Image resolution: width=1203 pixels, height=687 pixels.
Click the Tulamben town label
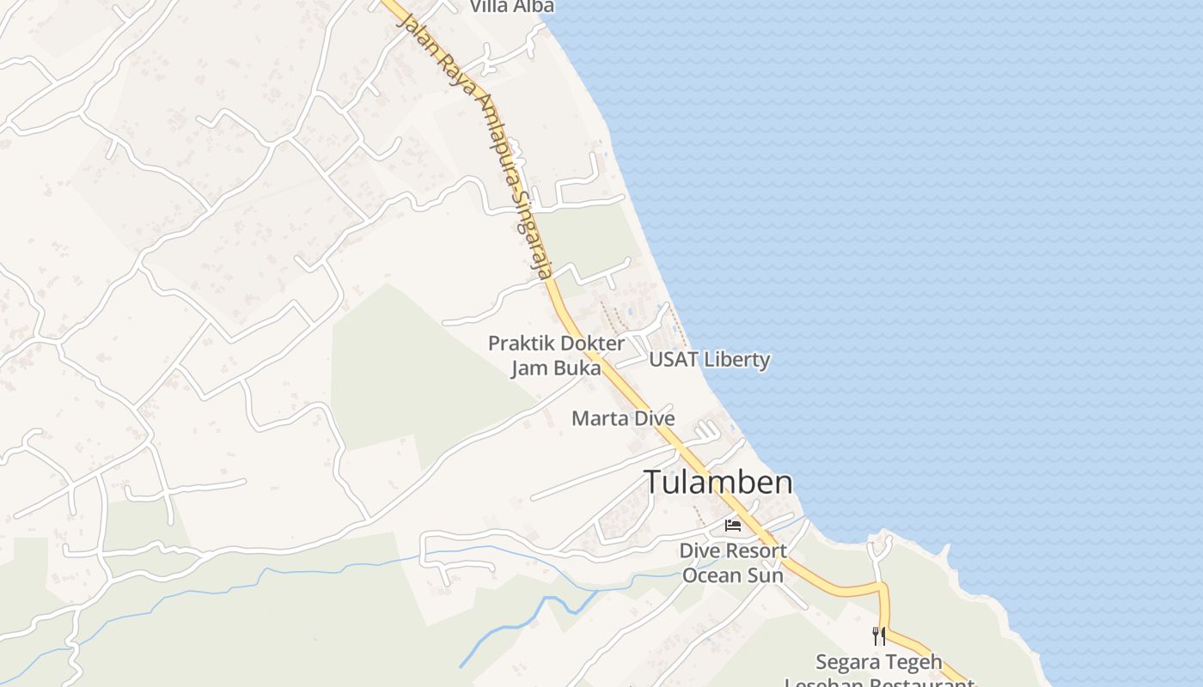click(x=718, y=482)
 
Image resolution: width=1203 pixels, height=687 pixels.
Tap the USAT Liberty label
click(x=709, y=359)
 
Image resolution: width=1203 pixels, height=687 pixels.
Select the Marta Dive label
click(x=623, y=419)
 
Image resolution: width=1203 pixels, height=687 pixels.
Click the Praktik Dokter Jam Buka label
click(x=556, y=356)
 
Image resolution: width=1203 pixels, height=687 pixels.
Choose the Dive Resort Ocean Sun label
click(x=732, y=562)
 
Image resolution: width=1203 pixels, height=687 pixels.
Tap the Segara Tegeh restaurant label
click(x=879, y=663)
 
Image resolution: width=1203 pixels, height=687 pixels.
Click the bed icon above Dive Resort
click(x=733, y=525)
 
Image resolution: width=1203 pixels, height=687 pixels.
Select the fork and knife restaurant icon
click(x=878, y=636)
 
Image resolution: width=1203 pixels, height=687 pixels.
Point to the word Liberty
click(x=736, y=359)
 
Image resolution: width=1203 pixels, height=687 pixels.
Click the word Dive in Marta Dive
click(x=653, y=419)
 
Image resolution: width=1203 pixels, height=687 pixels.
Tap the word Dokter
click(x=594, y=343)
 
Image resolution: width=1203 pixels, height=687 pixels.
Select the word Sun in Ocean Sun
click(x=766, y=575)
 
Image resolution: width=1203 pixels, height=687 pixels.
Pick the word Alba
click(x=535, y=6)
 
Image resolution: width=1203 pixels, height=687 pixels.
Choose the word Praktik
click(x=519, y=343)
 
